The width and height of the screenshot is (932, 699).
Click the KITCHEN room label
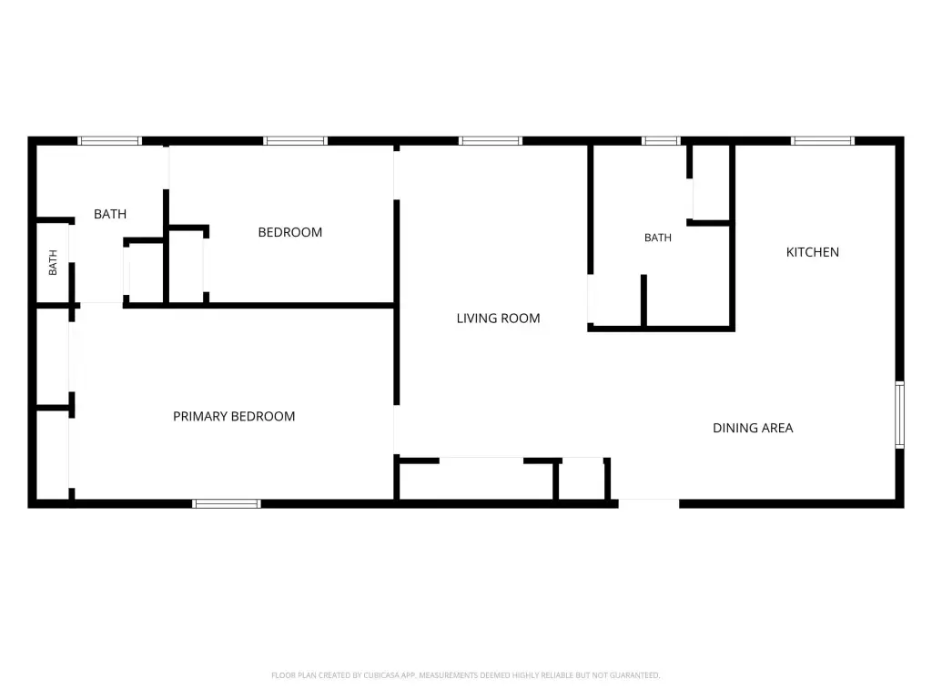pos(813,252)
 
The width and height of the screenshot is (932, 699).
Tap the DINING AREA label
pos(753,428)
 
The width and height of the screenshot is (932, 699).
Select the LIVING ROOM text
pos(498,319)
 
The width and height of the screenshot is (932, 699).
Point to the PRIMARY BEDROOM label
pos(234,417)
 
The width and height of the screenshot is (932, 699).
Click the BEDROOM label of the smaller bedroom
pos(290,232)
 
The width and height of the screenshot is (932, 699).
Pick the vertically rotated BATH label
pos(53,262)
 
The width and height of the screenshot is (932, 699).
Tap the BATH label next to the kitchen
pos(658,238)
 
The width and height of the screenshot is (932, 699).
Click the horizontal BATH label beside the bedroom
pos(110,214)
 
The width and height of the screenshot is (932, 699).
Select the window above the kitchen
pos(823,141)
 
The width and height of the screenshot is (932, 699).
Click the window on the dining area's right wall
pos(900,415)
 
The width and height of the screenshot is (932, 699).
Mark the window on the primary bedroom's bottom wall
pos(227,504)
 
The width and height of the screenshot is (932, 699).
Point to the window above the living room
pos(491,141)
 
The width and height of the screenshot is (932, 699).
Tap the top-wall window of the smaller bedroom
pos(296,141)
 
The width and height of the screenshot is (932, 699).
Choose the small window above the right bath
pos(661,141)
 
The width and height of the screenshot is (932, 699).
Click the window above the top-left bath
pos(110,141)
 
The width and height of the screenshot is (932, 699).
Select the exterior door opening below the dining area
pos(648,503)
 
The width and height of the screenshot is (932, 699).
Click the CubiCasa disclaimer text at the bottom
pos(465,675)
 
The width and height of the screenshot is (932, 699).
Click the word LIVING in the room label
pos(475,319)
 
